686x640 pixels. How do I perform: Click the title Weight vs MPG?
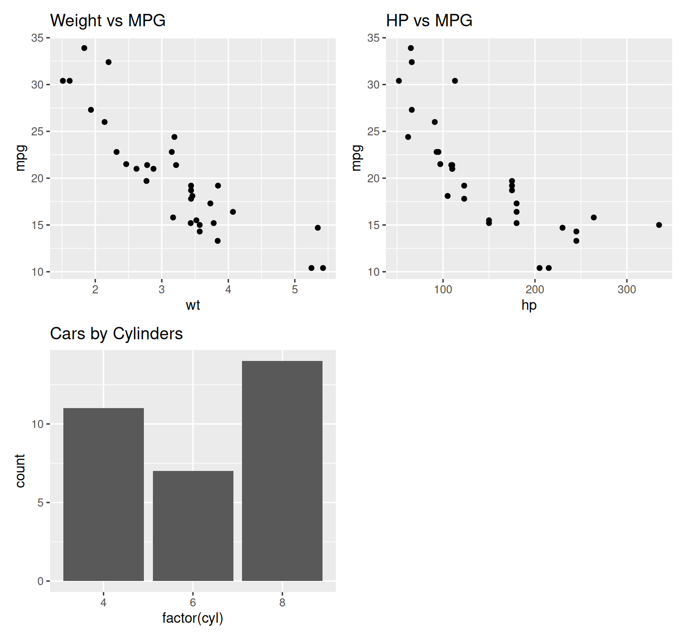click(108, 20)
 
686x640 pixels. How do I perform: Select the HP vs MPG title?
click(429, 20)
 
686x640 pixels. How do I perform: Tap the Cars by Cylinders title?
click(116, 334)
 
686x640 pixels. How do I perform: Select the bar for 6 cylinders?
click(193, 526)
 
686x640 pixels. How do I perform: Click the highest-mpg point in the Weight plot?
click(84, 48)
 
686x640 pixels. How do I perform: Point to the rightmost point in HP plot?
click(659, 225)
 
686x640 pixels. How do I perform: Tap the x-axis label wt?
click(193, 305)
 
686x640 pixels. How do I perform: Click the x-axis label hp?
click(529, 305)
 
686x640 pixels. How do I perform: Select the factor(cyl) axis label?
click(192, 618)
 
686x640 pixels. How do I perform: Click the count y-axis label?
click(20, 470)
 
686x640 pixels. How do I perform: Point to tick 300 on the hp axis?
click(626, 290)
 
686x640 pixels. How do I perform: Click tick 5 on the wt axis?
click(295, 290)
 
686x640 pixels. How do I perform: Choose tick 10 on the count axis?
click(37, 424)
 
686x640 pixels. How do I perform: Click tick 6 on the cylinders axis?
click(193, 602)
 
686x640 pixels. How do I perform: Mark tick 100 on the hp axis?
click(443, 290)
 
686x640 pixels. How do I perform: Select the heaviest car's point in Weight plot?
click(323, 268)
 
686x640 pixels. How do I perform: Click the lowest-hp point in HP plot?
click(399, 81)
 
